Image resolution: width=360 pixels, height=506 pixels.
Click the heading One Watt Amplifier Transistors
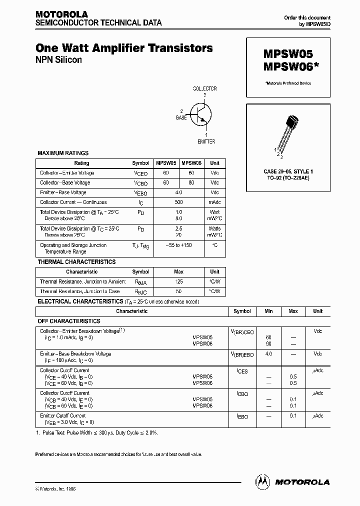pos(124,48)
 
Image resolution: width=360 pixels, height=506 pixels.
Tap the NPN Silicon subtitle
pos(58,60)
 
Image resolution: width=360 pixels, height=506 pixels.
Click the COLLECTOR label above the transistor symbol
pos(205,88)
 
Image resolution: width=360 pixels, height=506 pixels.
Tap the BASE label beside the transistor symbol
pos(181,117)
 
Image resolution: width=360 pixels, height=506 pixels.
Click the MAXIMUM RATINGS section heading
pos(63,153)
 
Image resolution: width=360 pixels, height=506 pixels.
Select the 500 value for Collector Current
pos(179,202)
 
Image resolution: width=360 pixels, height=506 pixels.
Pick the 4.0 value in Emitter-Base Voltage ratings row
pos(179,192)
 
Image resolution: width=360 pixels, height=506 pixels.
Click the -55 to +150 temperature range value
pos(179,245)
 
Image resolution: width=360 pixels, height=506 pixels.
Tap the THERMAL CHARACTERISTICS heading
pos(76,262)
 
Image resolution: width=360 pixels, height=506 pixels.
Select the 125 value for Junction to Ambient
pos(179,282)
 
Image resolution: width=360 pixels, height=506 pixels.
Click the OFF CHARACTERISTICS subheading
pos(69,321)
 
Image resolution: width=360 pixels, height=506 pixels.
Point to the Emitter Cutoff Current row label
pos(62,415)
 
